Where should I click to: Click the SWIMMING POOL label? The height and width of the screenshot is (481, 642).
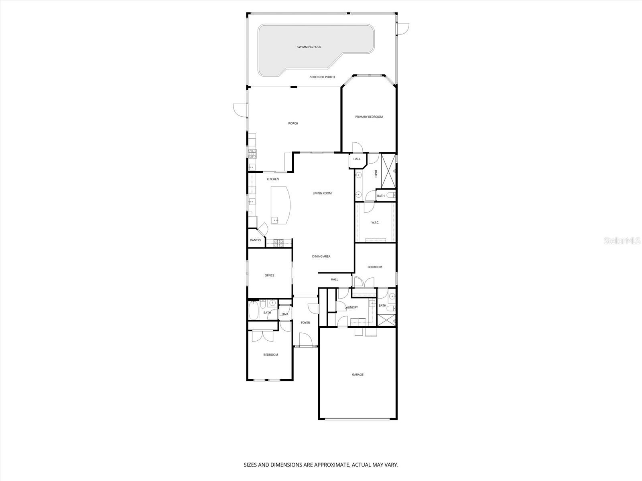point(309,47)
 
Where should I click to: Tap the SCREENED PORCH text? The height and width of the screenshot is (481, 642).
point(322,77)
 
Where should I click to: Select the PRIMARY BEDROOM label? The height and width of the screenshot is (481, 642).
point(369,117)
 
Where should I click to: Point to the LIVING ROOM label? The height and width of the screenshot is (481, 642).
point(322,193)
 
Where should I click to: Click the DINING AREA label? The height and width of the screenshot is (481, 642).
point(321,257)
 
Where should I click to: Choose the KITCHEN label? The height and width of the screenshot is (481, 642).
point(273,179)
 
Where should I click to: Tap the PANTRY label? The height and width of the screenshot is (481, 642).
point(256,240)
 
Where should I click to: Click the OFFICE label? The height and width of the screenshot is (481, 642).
point(269,275)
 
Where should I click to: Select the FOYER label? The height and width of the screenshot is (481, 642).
point(305,323)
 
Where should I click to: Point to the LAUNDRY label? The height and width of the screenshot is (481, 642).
point(351,307)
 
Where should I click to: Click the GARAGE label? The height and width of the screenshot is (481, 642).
point(358,375)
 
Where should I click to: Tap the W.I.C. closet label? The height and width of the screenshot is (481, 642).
point(375,222)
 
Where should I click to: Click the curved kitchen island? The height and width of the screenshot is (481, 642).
point(281,205)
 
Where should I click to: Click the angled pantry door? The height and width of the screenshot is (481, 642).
point(263,229)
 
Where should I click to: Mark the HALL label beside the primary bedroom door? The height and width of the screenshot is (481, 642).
point(357,159)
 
